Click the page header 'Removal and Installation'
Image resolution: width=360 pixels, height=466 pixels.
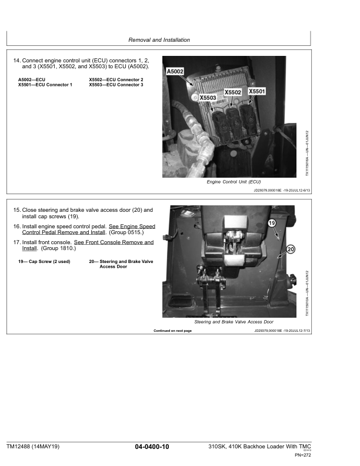(159, 40)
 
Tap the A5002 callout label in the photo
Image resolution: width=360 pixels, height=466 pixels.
(175, 71)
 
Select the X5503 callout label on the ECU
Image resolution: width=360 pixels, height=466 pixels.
(208, 98)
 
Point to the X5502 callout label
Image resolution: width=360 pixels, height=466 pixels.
(234, 93)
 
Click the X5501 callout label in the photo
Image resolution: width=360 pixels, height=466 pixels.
(257, 92)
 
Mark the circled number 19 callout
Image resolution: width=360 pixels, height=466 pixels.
(272, 224)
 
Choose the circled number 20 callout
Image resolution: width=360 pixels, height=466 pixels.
(291, 249)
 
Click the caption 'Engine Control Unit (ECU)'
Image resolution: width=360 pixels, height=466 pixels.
(234, 182)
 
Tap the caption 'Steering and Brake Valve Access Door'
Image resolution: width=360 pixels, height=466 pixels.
(234, 322)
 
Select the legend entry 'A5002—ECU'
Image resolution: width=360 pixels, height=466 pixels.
(32, 79)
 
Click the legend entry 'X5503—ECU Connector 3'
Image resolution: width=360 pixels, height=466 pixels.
(116, 85)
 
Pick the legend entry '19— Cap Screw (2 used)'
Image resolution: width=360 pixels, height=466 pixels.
(44, 262)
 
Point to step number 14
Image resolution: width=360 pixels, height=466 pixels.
(16, 61)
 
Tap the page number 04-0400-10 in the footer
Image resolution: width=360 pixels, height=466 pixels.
(152, 448)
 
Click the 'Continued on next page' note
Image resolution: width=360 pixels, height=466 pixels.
(172, 331)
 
